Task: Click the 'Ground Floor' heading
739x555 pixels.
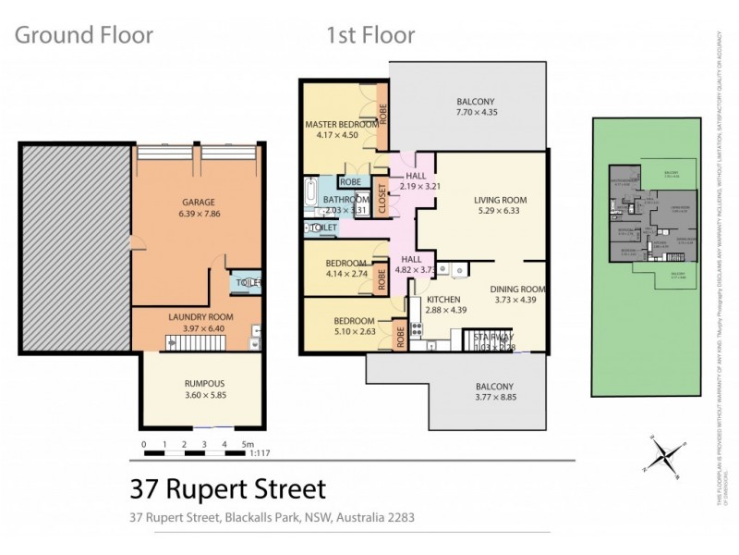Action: pos(84,36)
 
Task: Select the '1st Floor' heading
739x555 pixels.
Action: pos(370,36)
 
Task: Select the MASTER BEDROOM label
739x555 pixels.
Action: pos(341,124)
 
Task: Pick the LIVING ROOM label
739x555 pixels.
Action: pos(500,200)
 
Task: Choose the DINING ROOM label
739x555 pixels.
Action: pos(518,289)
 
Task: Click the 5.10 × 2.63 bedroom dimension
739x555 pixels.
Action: pos(355,333)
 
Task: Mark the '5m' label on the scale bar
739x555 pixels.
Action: pos(248,445)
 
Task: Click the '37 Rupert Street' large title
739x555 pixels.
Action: pos(227,487)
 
